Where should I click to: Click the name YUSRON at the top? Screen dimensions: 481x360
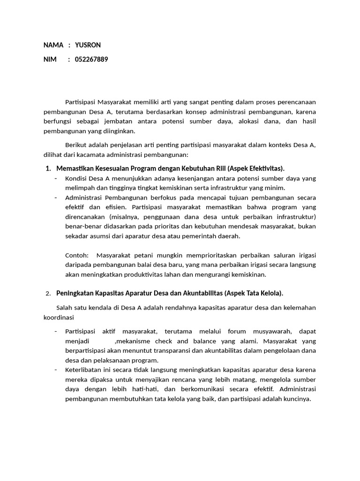coord(88,45)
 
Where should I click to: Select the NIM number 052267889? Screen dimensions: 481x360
coord(91,59)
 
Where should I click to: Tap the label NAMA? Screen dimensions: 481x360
coord(53,45)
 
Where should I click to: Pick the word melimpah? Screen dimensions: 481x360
coord(80,188)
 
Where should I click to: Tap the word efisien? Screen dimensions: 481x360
coord(116,207)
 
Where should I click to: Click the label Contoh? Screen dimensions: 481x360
coord(77,256)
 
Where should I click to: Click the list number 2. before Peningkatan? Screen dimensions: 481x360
coord(48,294)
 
